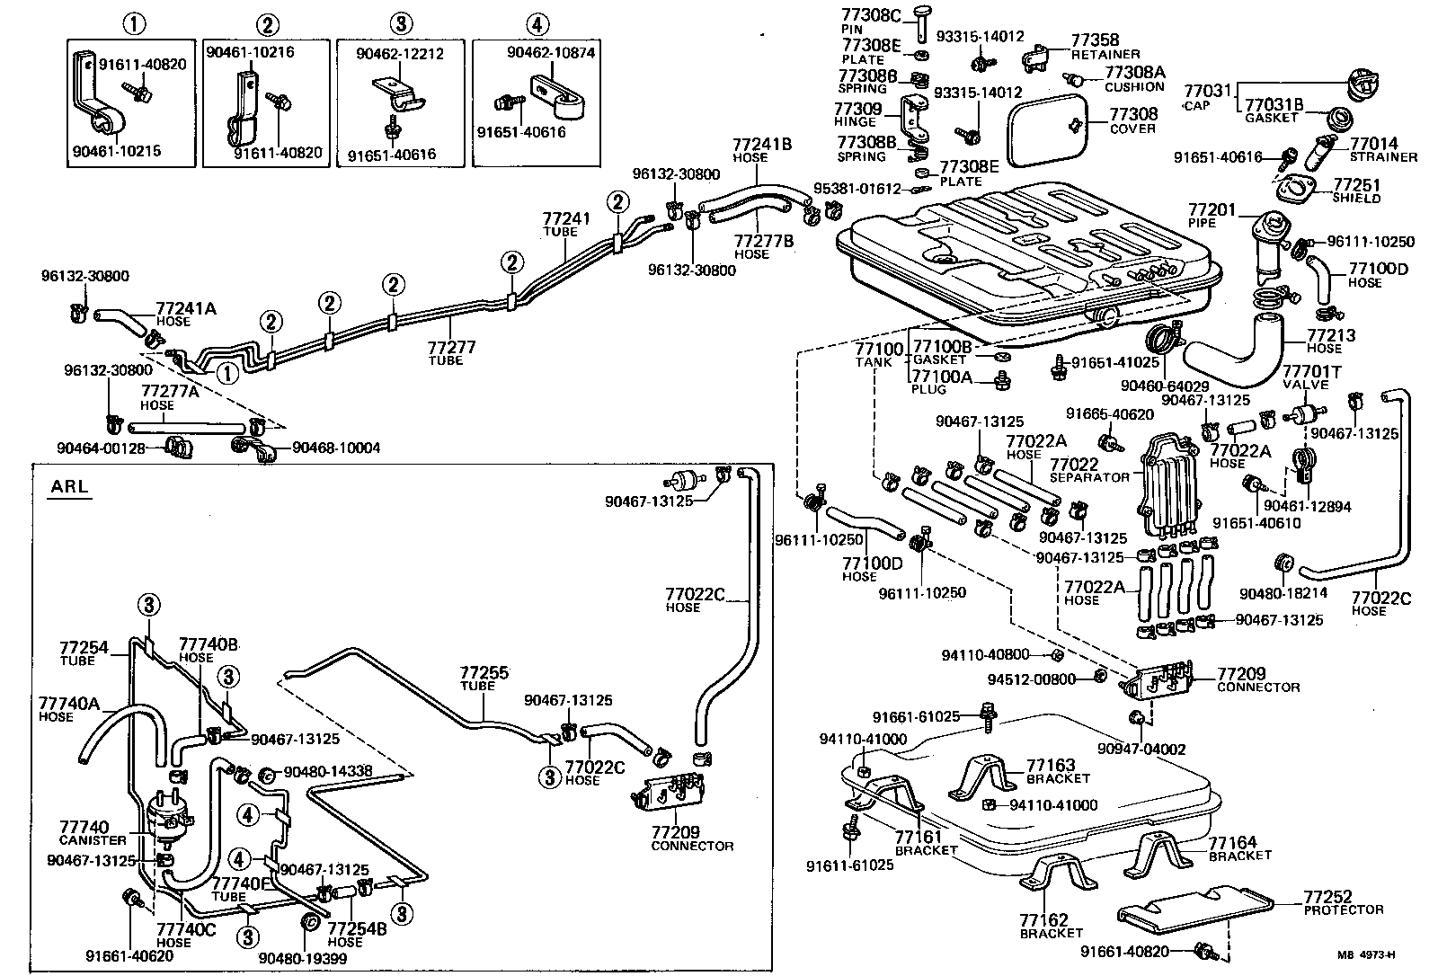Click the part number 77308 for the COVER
(1133, 114)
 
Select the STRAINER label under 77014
(1383, 157)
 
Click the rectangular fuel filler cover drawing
(1047, 133)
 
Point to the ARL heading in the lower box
(69, 487)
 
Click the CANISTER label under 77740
(93, 840)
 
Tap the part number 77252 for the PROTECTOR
(1327, 897)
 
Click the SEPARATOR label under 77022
(1090, 477)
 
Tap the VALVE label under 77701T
(1305, 384)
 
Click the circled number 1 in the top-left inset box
(132, 23)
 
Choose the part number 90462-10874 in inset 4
(550, 53)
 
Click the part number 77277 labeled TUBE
(450, 347)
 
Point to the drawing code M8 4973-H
(1370, 955)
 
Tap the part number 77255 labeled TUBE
(484, 672)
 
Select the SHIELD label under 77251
(1356, 198)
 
